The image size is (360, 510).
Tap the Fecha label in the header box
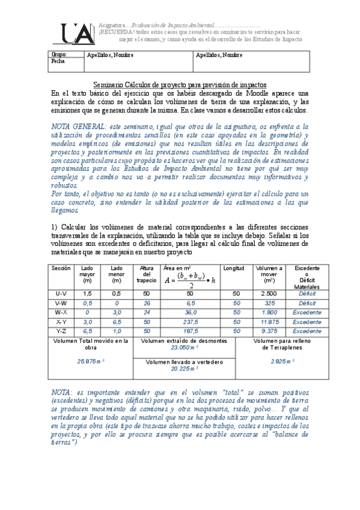pos(58,61)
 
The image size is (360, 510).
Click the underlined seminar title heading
pos(180,85)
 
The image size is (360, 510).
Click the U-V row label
pos(61,293)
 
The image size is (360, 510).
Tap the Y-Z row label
pos(61,331)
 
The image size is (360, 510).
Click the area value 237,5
pos(190,322)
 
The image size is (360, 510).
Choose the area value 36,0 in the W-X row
pos(190,312)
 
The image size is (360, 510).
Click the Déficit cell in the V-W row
pos(307,303)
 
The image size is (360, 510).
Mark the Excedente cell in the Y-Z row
pos(307,331)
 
